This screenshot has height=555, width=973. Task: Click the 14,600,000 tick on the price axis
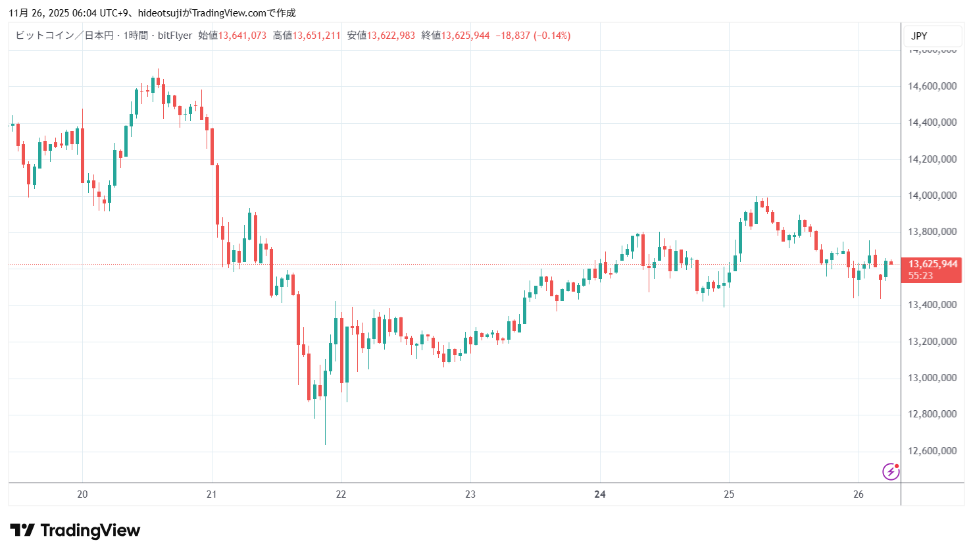click(932, 86)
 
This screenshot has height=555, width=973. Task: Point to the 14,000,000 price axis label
click(932, 196)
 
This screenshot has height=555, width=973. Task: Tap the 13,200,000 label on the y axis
click(932, 342)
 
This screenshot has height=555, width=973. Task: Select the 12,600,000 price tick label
click(932, 451)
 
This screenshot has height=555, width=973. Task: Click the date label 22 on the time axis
click(341, 494)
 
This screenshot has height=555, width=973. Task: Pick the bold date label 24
click(600, 494)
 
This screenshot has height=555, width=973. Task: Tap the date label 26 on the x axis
click(859, 494)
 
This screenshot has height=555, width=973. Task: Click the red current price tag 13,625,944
click(933, 265)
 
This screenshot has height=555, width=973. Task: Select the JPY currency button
click(919, 36)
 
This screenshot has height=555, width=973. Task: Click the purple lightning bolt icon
click(891, 471)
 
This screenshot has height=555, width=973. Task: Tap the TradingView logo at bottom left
click(75, 531)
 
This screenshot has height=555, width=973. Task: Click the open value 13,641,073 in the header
click(242, 36)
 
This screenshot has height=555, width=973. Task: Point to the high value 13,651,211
click(316, 36)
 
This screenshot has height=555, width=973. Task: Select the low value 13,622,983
click(391, 36)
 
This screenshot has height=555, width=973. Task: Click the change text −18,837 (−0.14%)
click(533, 36)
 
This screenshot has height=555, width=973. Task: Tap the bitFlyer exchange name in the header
click(175, 36)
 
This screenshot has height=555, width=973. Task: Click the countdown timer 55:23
click(920, 276)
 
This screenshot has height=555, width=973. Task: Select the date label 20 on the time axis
click(82, 494)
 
